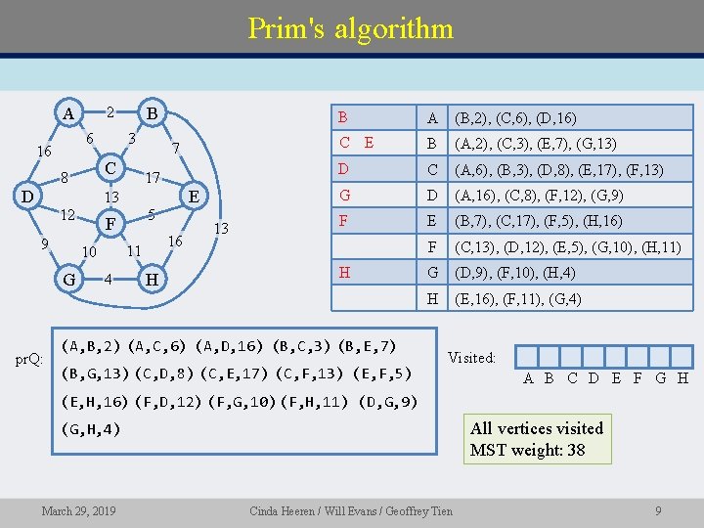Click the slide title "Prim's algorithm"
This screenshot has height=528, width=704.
tap(350, 27)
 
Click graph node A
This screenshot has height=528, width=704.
tap(67, 112)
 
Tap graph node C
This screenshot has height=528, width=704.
tap(112, 168)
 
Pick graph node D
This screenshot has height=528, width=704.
tap(29, 196)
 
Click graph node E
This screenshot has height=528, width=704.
tap(194, 196)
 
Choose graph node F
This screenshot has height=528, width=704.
tap(111, 224)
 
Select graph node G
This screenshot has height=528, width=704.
tap(68, 280)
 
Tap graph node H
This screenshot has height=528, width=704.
tap(152, 280)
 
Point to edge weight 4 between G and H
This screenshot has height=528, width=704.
tap(110, 279)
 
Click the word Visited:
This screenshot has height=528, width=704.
tap(472, 358)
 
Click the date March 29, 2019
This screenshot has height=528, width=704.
tap(78, 510)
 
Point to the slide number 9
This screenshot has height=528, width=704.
tap(658, 510)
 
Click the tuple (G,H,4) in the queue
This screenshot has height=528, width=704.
tap(92, 427)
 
